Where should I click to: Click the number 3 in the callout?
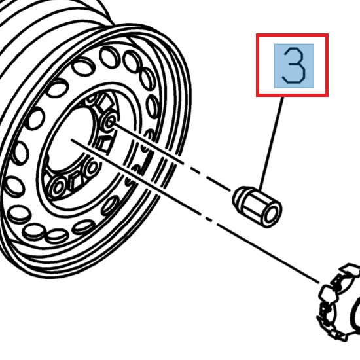294,65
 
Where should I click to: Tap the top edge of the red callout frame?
292,35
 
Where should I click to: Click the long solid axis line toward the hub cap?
195,211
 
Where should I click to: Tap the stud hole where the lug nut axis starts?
110,121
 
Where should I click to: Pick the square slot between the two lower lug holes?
75,181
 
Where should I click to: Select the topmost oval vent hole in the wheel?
110,57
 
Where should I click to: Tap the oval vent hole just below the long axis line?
109,206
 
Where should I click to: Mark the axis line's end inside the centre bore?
71,139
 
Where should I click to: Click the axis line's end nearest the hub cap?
319,283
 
